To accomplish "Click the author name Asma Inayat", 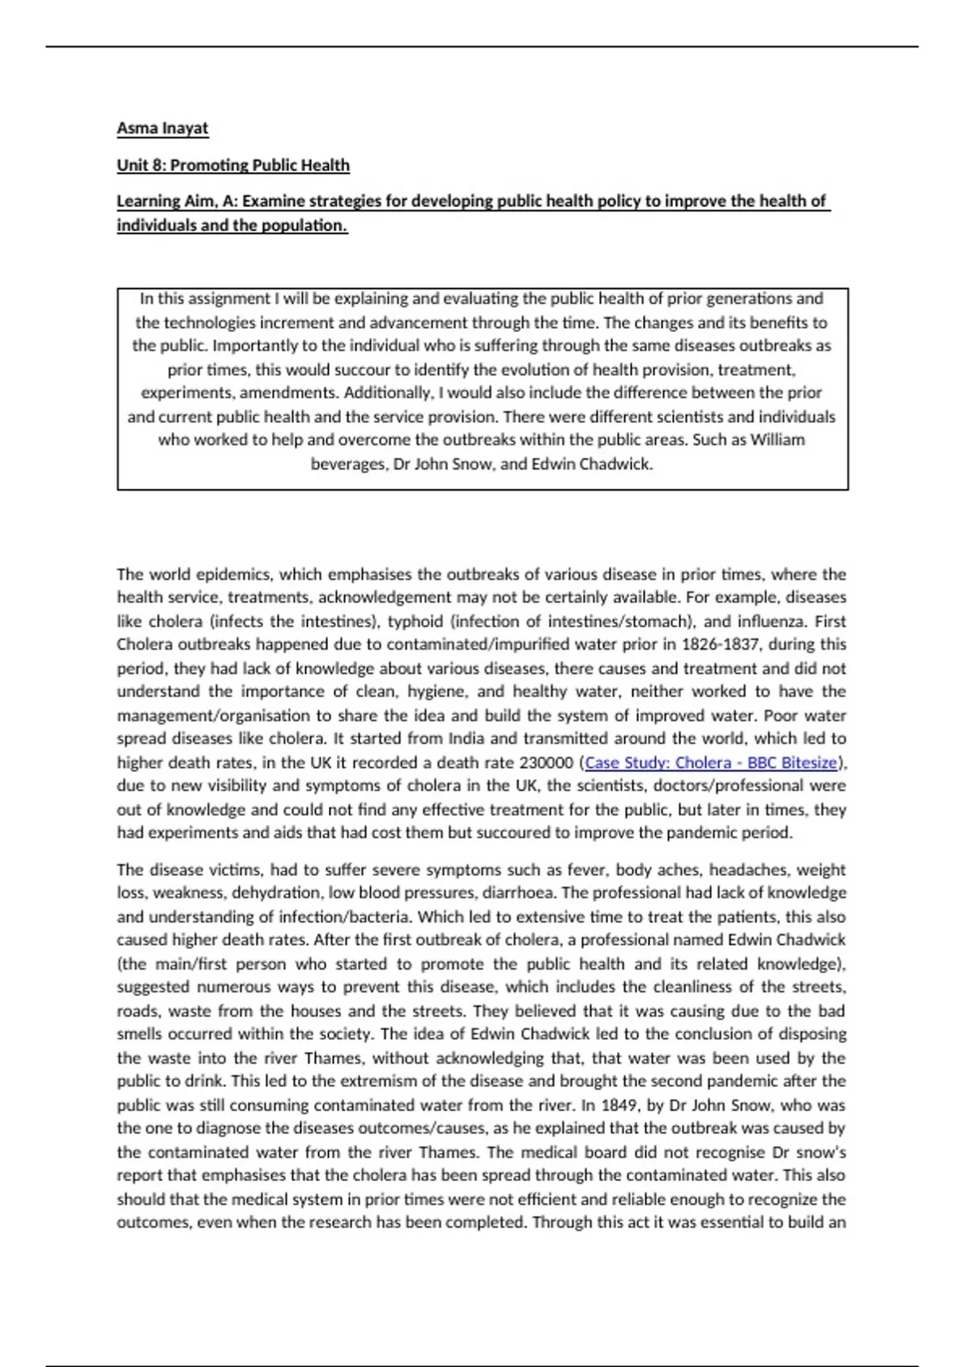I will (162, 129).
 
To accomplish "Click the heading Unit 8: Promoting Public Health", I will (233, 166).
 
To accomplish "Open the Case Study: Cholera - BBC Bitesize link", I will (711, 762).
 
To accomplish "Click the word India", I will (466, 738).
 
